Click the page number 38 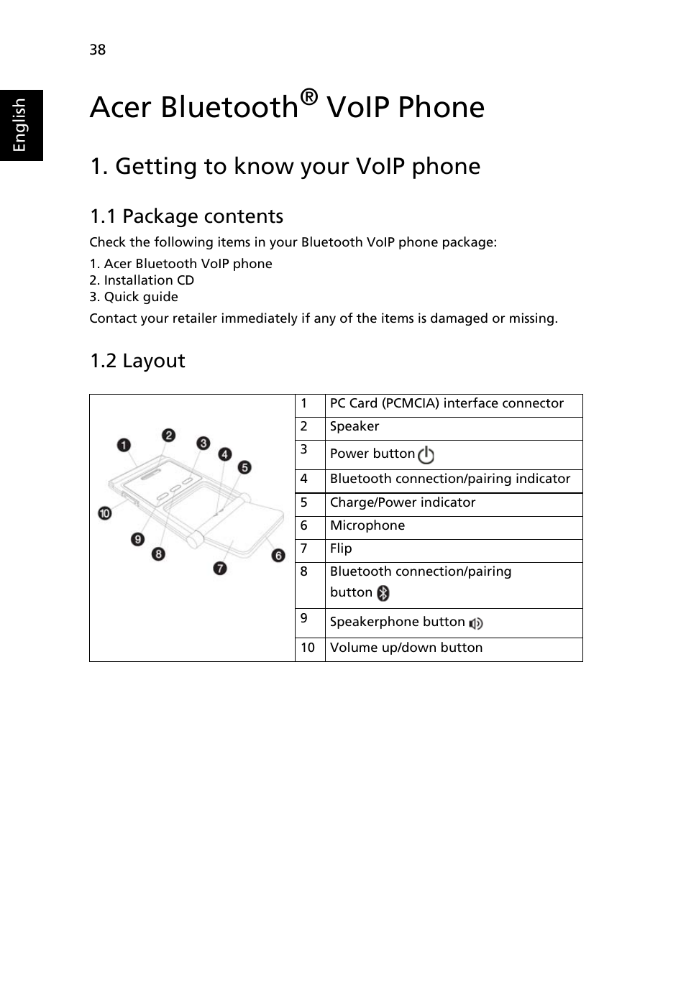(98, 50)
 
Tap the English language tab (20, 125)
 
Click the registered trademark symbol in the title (308, 96)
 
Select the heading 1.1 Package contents (186, 216)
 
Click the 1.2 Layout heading (137, 361)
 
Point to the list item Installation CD (142, 280)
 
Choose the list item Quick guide (134, 297)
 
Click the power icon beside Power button (426, 455)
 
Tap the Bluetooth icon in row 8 (384, 593)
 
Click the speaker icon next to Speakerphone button (476, 623)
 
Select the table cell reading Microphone (367, 525)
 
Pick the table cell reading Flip (341, 548)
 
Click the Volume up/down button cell (406, 648)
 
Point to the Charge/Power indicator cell (403, 502)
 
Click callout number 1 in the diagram (124, 445)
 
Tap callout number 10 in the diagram (105, 513)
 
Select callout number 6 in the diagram (278, 556)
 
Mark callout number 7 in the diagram (220, 568)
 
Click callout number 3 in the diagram (203, 443)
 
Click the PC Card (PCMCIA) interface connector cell (447, 403)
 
